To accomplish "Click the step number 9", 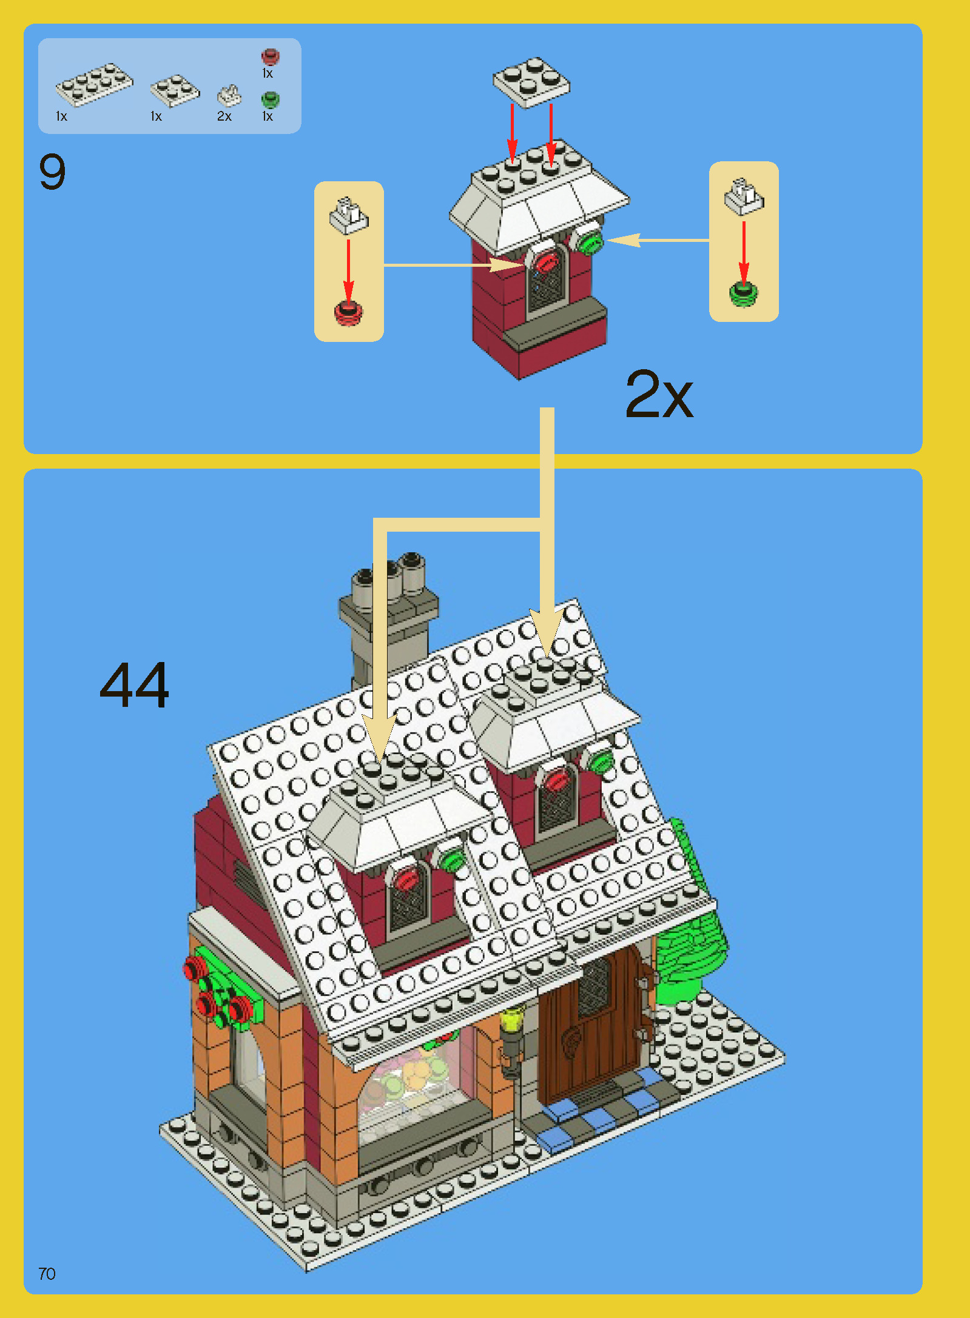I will [x=52, y=172].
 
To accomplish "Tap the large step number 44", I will [x=134, y=685].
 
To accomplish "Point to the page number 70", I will [x=47, y=1274].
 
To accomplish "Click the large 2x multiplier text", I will [x=659, y=395].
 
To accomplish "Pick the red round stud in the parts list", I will [x=270, y=56].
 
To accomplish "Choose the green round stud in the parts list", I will [x=270, y=99].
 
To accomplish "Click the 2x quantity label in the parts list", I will [x=224, y=116].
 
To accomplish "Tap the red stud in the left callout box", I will [x=348, y=313].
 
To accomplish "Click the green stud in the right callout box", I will [x=743, y=294].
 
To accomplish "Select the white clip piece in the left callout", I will [x=348, y=216].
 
